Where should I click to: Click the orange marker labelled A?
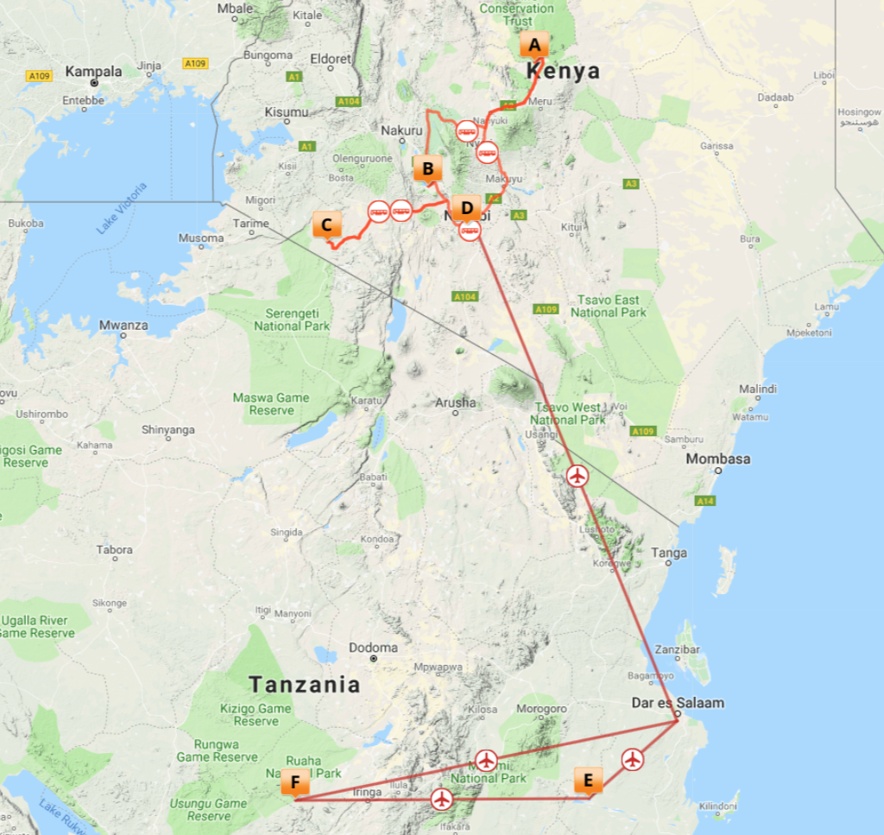click(534, 45)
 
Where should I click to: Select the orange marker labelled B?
click(428, 168)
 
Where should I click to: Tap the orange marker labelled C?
click(326, 225)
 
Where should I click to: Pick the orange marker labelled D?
click(467, 208)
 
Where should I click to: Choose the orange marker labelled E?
click(589, 781)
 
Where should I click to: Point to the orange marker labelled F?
click(295, 784)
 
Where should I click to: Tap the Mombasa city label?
click(717, 459)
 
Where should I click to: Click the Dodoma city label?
click(374, 648)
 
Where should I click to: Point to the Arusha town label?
click(455, 402)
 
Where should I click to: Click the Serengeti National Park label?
click(292, 319)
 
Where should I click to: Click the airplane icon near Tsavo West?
click(578, 476)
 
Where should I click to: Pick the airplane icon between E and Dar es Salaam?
click(633, 759)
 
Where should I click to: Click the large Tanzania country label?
click(304, 685)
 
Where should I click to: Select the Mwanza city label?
click(123, 326)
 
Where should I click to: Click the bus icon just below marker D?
click(470, 231)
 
